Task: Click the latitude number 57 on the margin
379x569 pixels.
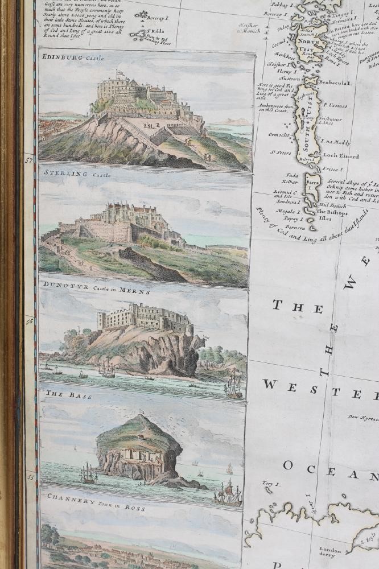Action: tap(29, 160)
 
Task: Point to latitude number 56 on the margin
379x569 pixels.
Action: tap(29, 321)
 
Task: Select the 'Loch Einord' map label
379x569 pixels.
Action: tap(340, 156)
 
